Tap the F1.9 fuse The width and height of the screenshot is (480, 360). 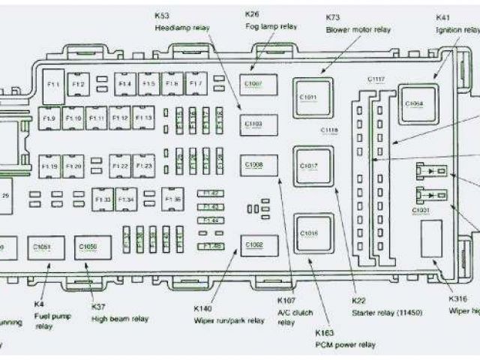coord(49,118)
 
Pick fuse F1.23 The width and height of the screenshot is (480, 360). coord(145,165)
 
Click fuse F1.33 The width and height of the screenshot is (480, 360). coord(103,199)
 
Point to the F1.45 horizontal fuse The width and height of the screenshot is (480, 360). coord(211,246)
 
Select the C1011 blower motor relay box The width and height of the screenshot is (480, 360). coord(308,97)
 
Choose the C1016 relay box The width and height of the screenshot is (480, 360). coord(308,232)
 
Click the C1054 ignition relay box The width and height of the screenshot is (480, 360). coord(414,104)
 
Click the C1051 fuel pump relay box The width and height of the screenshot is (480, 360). coord(42,246)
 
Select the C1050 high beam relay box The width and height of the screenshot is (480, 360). coord(88,246)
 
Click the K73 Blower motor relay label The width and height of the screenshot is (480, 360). coord(358,23)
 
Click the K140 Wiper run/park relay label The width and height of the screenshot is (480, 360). coord(228,313)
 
